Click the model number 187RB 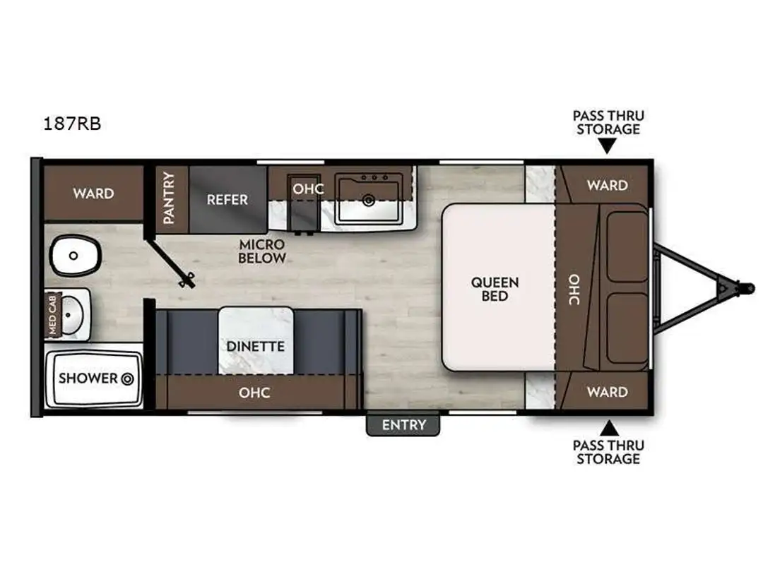(x=72, y=124)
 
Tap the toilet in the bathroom (x=75, y=256)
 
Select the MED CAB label (x=52, y=314)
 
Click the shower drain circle (x=127, y=379)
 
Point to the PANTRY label (x=168, y=198)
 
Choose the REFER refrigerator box (x=227, y=199)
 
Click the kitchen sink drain (x=369, y=200)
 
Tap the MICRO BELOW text (x=262, y=251)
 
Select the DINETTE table (x=256, y=341)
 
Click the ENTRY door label (x=403, y=425)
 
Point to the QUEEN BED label (x=495, y=289)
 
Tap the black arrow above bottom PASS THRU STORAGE (x=608, y=428)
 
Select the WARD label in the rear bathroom (x=93, y=193)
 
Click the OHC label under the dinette (x=254, y=393)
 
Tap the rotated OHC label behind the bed (x=574, y=290)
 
